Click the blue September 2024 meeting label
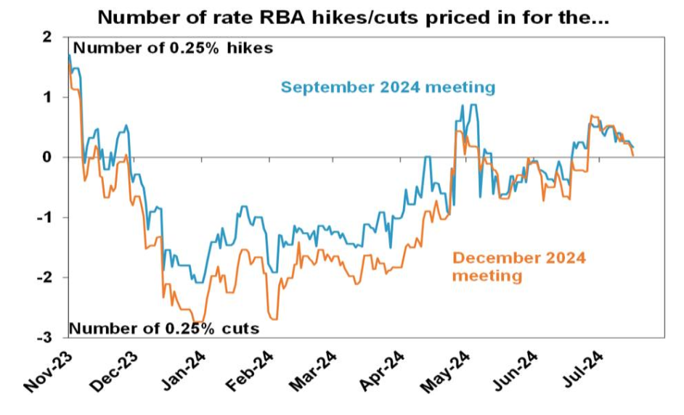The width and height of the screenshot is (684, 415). tap(388, 88)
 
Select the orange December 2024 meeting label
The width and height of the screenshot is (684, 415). tap(518, 266)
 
